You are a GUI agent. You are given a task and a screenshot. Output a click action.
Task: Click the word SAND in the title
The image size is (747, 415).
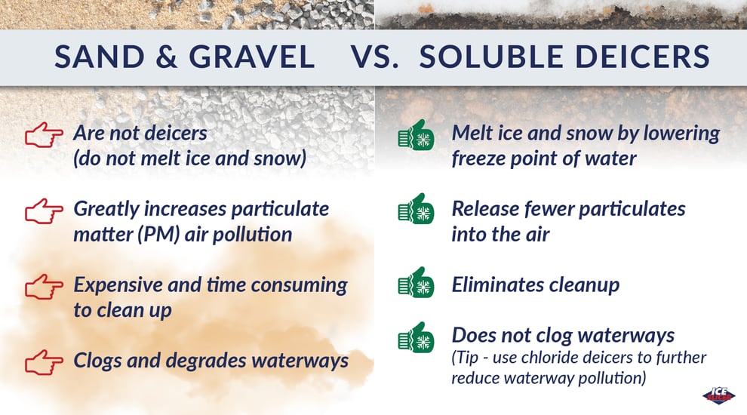(100, 57)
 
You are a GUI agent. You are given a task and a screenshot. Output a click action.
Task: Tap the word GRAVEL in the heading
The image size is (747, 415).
(251, 57)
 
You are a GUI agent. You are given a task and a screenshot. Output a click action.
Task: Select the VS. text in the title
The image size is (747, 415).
(375, 57)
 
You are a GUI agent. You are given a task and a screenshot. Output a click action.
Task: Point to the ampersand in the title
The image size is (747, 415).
(167, 57)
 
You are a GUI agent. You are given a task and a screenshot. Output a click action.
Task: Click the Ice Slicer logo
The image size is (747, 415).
(718, 395)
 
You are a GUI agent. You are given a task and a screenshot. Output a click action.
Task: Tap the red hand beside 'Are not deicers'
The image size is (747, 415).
(44, 135)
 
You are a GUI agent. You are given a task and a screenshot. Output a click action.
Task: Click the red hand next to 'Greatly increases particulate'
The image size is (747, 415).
(44, 211)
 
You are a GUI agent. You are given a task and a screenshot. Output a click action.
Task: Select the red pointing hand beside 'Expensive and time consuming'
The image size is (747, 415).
(44, 287)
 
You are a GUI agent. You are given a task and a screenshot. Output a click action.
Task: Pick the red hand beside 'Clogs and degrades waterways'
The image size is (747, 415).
(44, 362)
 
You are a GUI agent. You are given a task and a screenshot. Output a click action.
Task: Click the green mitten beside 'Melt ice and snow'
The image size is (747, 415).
(416, 135)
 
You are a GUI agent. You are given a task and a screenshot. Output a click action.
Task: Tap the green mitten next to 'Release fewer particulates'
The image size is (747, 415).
(416, 209)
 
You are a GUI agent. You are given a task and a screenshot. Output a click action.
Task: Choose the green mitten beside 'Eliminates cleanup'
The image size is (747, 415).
(416, 282)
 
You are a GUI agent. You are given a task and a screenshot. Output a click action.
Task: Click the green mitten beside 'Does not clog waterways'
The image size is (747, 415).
(416, 337)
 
